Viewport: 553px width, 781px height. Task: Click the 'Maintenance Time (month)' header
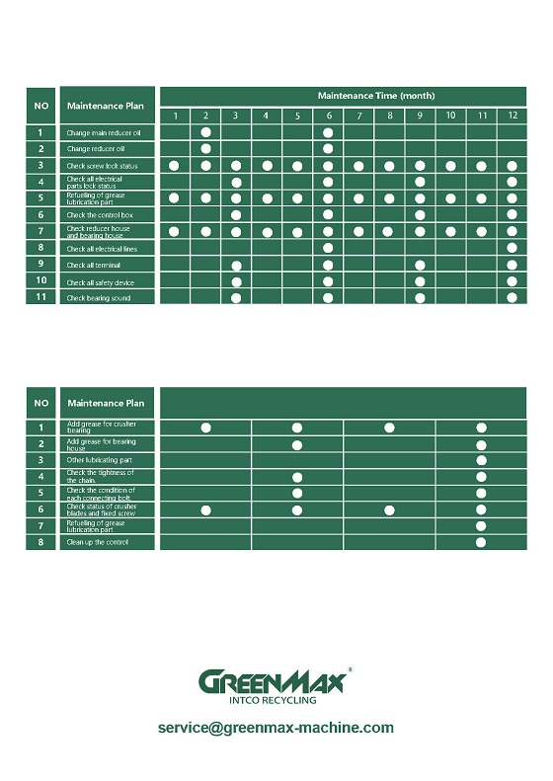point(375,96)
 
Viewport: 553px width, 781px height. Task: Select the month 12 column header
point(512,117)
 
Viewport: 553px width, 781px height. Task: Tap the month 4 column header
point(267,117)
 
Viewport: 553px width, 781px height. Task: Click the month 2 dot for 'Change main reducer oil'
point(205,132)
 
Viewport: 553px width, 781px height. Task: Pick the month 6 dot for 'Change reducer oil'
point(328,149)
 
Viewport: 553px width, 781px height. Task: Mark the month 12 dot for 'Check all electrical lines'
point(512,249)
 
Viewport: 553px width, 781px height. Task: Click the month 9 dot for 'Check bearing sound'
point(420,298)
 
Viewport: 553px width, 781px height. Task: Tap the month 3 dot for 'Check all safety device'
point(236,282)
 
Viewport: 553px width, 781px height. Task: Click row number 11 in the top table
point(40,298)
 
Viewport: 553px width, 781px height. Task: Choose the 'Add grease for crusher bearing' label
point(101,428)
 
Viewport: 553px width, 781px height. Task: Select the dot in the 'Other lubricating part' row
point(481,461)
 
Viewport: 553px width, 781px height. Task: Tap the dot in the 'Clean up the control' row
point(481,542)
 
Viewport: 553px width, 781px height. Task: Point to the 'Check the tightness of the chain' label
point(101,477)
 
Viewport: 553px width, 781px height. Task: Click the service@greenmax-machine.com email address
point(276,729)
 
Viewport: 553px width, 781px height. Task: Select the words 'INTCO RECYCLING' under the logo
point(273,700)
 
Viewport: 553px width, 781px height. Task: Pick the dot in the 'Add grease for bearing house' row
point(297,444)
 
